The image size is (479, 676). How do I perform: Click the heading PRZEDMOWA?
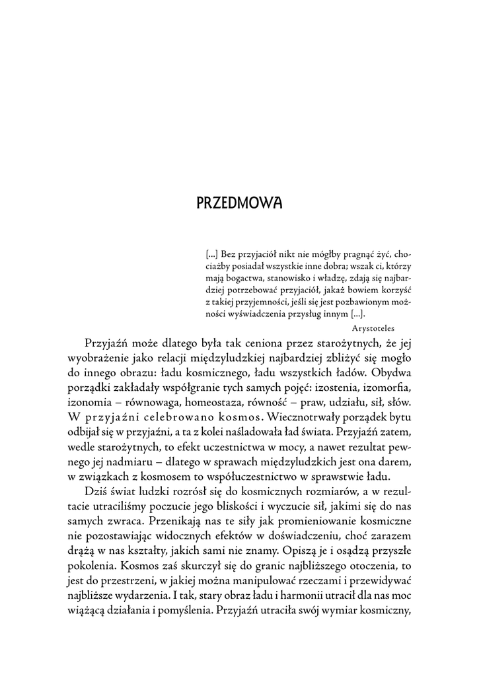239,202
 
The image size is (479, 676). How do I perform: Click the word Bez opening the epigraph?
229,253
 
